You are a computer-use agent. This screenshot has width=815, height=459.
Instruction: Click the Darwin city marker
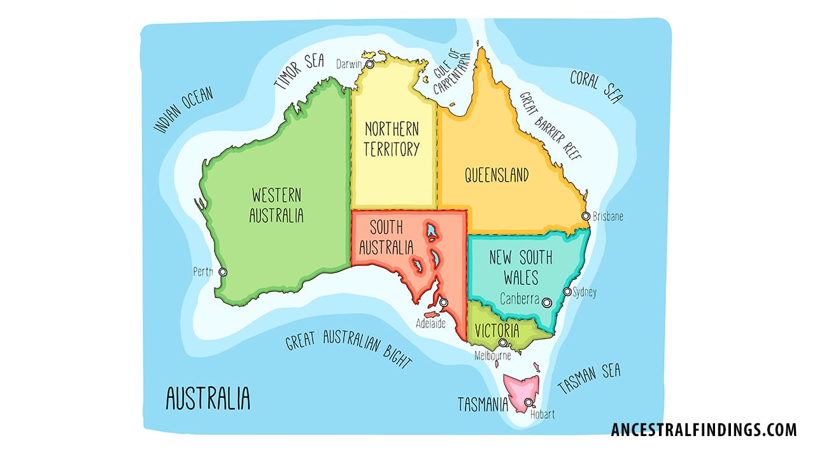tap(369, 64)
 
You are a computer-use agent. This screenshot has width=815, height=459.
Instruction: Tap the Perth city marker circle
tap(222, 272)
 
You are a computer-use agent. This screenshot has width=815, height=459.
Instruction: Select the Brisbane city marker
tap(586, 216)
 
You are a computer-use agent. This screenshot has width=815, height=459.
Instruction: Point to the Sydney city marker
tap(567, 292)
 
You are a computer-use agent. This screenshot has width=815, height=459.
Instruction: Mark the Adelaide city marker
tap(444, 303)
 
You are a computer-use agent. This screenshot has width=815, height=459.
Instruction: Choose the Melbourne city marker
tap(502, 343)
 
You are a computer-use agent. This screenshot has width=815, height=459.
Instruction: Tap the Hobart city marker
tap(528, 402)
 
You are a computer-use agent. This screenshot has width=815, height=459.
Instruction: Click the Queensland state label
tap(497, 175)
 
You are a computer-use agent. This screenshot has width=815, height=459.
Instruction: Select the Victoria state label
tap(497, 331)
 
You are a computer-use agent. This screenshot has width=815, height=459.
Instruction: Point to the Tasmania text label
tap(483, 404)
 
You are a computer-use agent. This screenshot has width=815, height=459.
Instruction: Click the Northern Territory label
tap(392, 139)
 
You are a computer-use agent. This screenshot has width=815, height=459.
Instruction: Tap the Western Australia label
tap(276, 205)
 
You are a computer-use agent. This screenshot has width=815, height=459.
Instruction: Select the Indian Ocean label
tap(183, 110)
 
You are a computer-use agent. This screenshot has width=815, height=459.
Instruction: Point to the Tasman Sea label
tap(589, 379)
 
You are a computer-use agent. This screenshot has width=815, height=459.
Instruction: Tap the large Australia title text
tap(208, 398)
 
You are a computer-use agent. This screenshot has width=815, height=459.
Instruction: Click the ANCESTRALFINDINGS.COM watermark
tap(703, 430)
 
